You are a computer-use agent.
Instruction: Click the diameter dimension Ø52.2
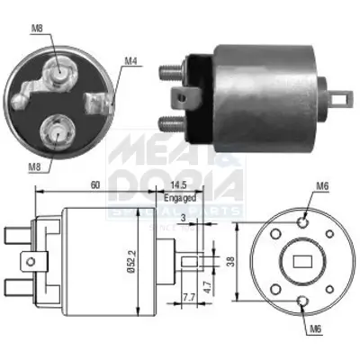coord(132,257)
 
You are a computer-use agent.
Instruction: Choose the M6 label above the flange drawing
coord(321,186)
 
